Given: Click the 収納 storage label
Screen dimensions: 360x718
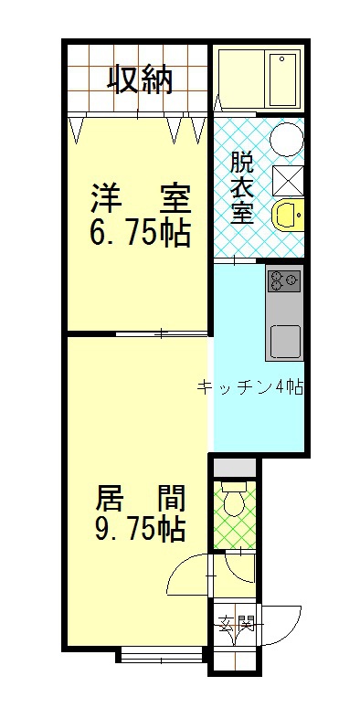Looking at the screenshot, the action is [x=140, y=80].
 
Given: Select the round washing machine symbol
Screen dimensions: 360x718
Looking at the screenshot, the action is [x=286, y=139].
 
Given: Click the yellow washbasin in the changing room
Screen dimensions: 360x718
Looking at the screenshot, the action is [x=288, y=214].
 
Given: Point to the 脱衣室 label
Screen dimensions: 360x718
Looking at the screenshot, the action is [x=241, y=188].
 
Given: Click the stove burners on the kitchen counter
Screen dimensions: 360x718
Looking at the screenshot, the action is [x=284, y=280].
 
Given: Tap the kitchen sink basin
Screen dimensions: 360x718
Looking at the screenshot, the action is [x=285, y=341].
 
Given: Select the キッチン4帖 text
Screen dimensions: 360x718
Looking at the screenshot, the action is [x=250, y=387].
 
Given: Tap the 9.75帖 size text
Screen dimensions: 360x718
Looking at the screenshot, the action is [x=140, y=529].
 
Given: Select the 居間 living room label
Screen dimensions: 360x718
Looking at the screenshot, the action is [x=140, y=499].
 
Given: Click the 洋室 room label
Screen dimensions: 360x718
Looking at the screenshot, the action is [x=140, y=198].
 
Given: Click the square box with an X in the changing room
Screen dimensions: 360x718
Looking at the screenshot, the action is [x=287, y=181].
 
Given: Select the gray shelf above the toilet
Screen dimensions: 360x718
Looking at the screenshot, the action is [x=235, y=467].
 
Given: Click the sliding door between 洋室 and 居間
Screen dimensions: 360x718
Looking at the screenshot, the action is [x=161, y=333].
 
